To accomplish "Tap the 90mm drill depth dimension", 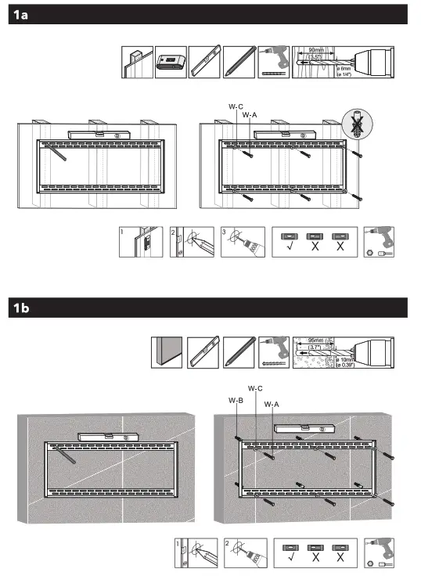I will [316, 49].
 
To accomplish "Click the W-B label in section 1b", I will [236, 401].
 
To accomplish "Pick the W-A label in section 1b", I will [272, 404].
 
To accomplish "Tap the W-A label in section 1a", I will [250, 114].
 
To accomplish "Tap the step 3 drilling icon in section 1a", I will [239, 243].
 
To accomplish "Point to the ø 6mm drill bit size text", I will [341, 70].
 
